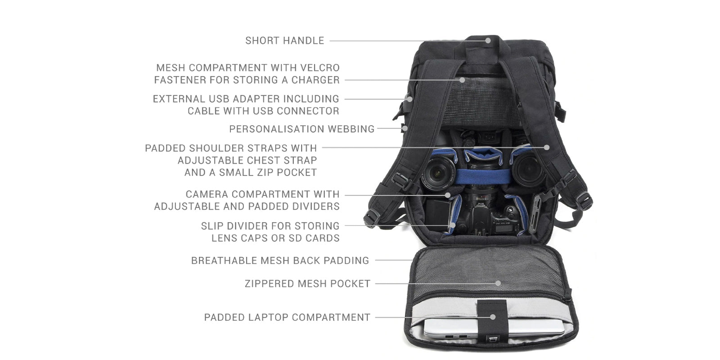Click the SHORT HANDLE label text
click(x=285, y=40)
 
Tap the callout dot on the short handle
click(x=488, y=40)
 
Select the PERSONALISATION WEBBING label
click(x=302, y=129)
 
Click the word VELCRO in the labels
click(x=319, y=68)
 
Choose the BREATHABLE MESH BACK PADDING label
click(x=280, y=261)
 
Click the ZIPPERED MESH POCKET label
click(x=308, y=283)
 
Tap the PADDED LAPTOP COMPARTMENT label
click(x=288, y=317)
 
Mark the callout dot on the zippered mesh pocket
click(x=498, y=283)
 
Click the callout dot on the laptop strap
click(x=493, y=317)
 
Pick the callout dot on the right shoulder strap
click(x=547, y=147)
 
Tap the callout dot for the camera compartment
click(x=447, y=195)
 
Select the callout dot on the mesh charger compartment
click(x=462, y=80)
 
